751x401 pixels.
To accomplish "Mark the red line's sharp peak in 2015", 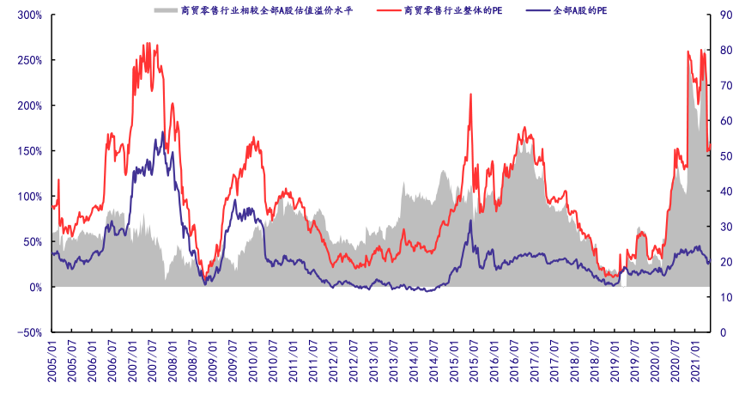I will click(x=470, y=94).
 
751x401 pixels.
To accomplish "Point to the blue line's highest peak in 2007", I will click(x=162, y=132).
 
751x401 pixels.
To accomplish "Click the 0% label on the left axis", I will click(x=35, y=287).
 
